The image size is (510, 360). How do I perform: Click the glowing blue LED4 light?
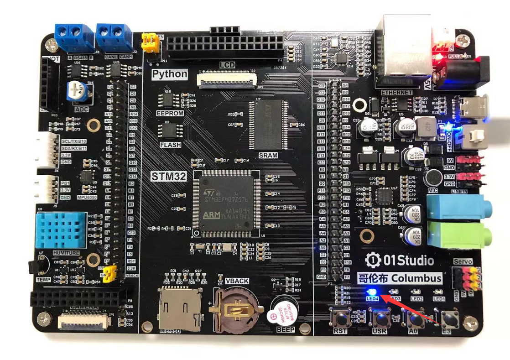point(371,292)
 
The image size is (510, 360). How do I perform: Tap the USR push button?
point(380,318)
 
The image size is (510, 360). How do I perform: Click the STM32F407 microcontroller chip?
point(226,203)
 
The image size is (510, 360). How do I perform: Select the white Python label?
point(170,74)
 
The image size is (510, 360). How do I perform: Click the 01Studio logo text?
point(400,261)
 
